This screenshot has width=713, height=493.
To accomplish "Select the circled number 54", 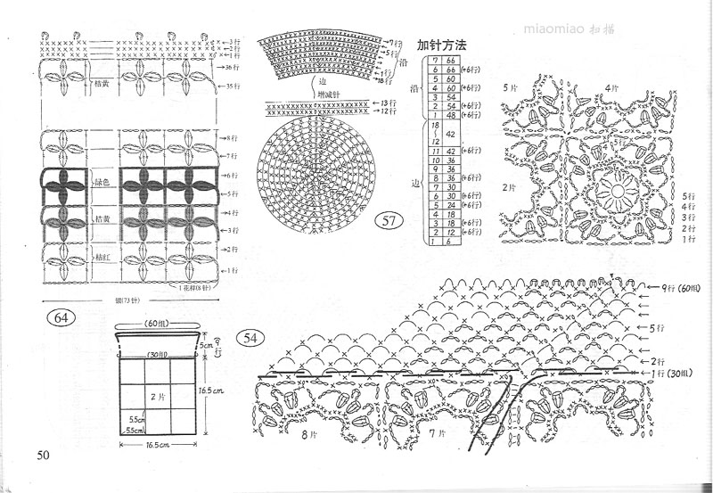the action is click(250, 338).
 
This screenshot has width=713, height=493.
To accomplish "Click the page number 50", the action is click(43, 456).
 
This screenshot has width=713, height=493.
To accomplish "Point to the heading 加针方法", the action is click(442, 44).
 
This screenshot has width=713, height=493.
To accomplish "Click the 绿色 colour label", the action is click(102, 183).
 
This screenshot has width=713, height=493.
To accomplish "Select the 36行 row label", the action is click(232, 68).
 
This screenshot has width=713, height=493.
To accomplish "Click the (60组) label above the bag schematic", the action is click(158, 323).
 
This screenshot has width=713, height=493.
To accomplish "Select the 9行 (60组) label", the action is click(678, 287).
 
